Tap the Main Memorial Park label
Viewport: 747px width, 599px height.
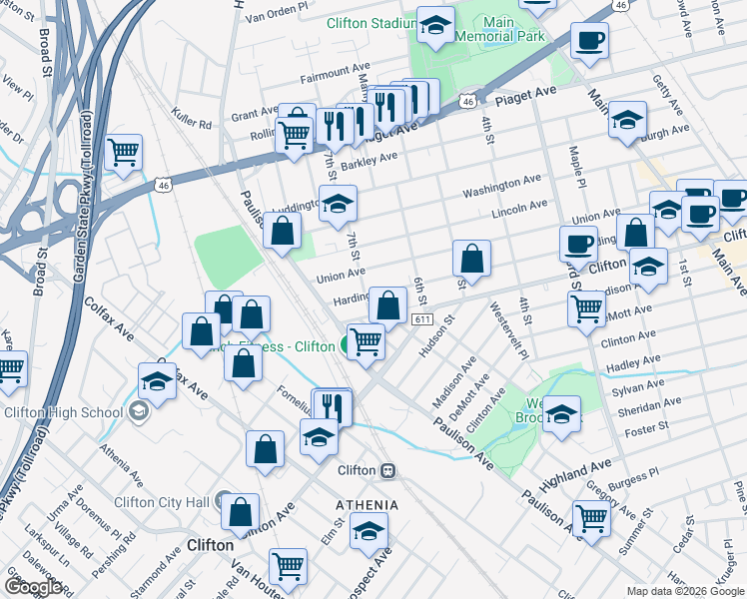tap(499, 28)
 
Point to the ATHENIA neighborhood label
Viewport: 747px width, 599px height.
tap(367, 505)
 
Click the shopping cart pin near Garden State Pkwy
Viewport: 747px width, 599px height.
tap(123, 153)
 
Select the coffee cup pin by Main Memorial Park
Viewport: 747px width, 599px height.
tap(588, 42)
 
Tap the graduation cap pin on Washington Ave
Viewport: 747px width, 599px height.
tap(339, 203)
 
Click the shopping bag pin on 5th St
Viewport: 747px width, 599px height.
tap(471, 258)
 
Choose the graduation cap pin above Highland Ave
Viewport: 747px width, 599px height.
tap(562, 413)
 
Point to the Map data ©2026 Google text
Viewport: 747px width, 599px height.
tap(685, 591)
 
